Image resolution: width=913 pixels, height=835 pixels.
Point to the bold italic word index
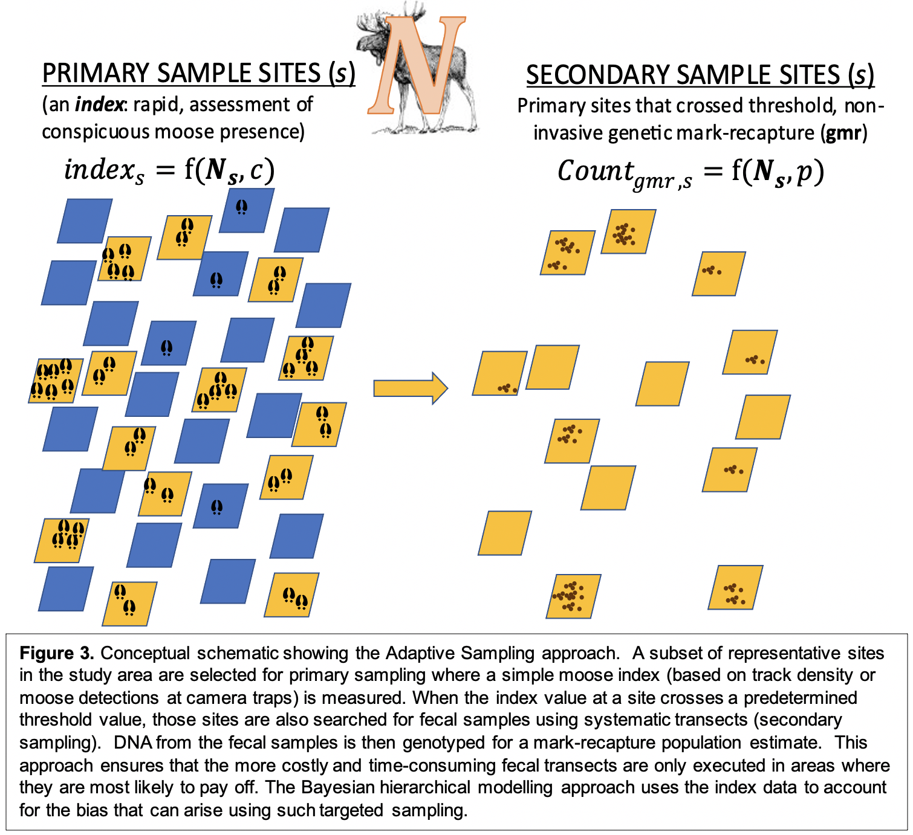(99, 105)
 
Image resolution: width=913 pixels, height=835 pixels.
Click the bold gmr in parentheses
(844, 132)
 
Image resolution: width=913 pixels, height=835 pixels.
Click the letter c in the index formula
(256, 170)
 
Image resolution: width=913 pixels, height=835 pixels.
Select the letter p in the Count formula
(804, 172)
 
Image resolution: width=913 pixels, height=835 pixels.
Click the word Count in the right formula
(595, 171)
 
